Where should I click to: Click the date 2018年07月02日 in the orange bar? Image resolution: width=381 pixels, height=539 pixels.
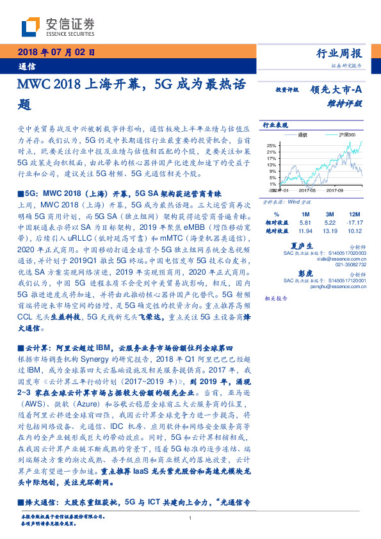(53, 52)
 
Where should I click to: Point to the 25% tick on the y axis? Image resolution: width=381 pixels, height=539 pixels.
(272, 145)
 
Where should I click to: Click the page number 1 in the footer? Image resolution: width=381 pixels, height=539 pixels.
(190, 519)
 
